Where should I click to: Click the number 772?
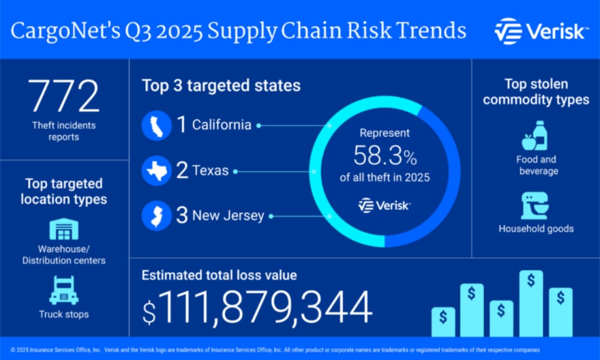tap(63, 97)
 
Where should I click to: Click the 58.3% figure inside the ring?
tap(385, 157)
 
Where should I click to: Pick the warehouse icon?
tap(63, 230)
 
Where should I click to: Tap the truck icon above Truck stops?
tap(63, 289)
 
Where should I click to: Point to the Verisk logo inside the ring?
tap(385, 205)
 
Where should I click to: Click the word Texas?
tap(211, 172)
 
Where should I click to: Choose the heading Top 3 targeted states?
tap(221, 85)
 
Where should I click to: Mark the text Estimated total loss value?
tap(219, 275)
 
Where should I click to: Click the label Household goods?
tap(536, 229)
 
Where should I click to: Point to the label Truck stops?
tap(63, 314)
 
